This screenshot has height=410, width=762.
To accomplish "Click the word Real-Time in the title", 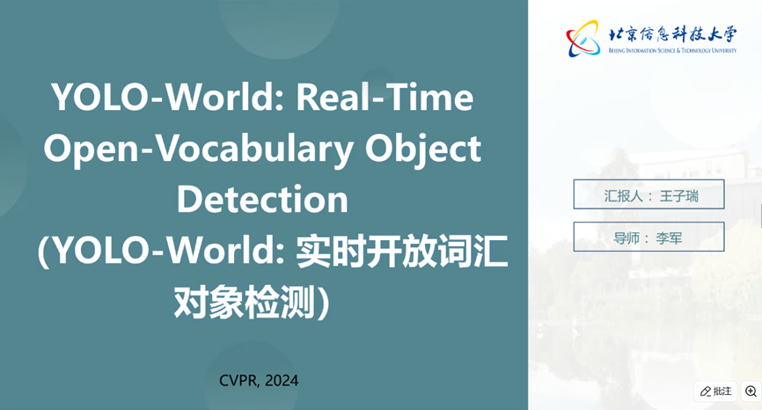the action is point(385,97).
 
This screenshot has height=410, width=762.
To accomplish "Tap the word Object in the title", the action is point(422,149).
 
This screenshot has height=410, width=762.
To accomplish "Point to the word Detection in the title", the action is point(262,199).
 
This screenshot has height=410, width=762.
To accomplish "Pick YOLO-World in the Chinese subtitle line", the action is point(168,251).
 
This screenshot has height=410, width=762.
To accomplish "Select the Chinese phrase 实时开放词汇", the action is point(401,251).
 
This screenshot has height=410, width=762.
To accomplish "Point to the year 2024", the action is point(282,380).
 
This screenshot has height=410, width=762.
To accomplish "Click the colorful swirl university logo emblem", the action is point(582,39).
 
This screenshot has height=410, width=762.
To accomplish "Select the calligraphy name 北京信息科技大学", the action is point(672,34).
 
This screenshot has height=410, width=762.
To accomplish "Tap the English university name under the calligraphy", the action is point(672,50).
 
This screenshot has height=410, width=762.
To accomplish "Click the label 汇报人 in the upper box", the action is point(623,196).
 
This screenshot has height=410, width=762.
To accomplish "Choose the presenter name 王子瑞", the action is point(679,196).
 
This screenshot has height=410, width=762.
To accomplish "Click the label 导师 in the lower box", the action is point(626,238).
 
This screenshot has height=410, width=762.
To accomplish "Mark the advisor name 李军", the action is point(669,238).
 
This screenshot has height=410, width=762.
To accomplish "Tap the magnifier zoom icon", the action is point(751,391).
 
